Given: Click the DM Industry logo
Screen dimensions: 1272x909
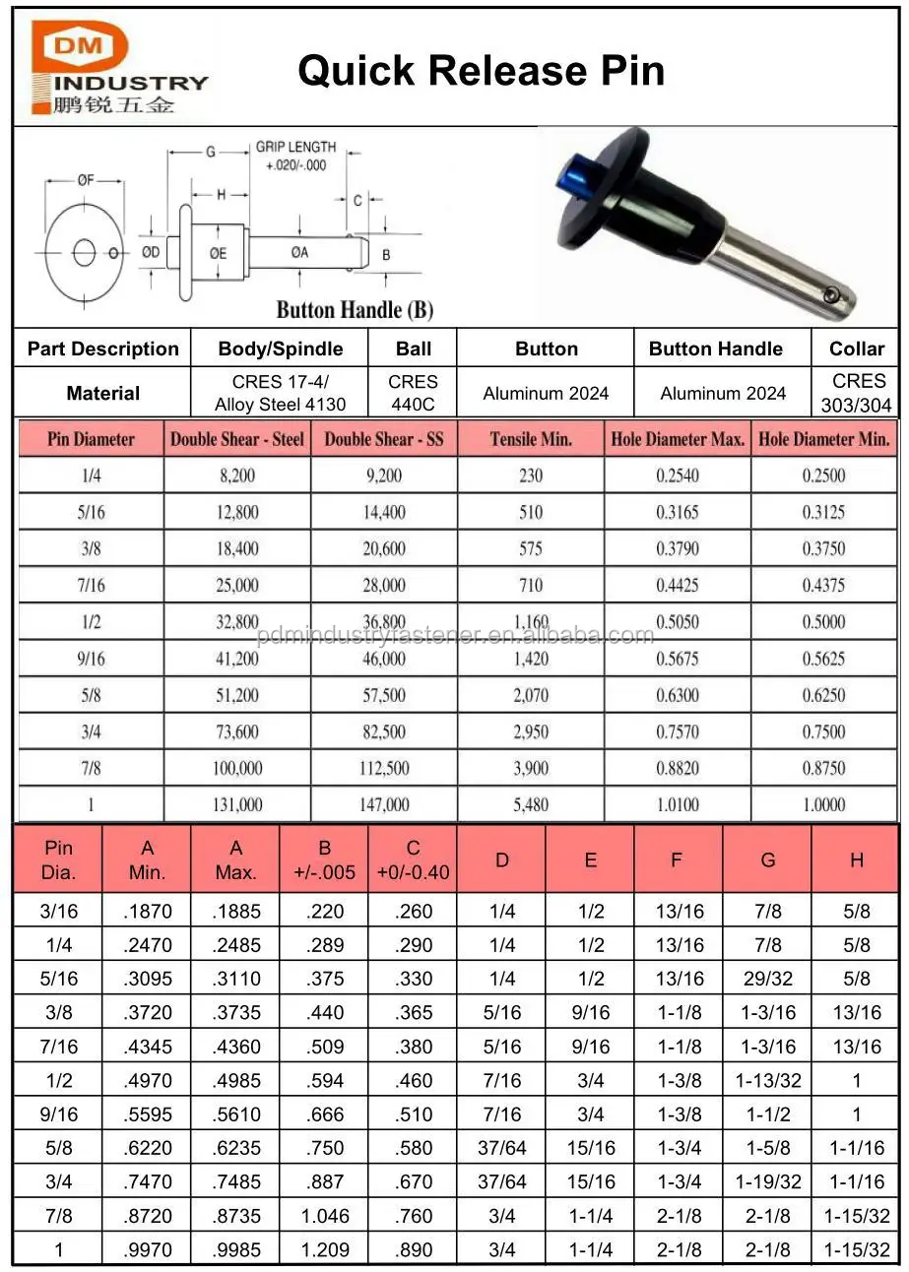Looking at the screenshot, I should point(112,69).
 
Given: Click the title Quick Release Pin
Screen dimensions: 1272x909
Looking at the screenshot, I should point(481,71).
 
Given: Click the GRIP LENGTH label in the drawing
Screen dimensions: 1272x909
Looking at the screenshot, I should point(295,147).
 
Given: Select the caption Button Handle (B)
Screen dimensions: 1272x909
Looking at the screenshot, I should point(355,310).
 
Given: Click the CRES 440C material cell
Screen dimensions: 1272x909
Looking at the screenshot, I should point(413,393).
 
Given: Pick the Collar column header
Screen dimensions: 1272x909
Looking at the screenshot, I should point(856,349).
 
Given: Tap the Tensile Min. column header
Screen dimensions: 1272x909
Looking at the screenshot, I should point(531,439).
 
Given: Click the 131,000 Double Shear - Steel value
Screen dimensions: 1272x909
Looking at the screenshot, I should point(236,804).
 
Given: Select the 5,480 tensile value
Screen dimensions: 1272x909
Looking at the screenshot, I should point(531,804).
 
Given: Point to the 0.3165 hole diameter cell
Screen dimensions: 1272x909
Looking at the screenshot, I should point(678,512).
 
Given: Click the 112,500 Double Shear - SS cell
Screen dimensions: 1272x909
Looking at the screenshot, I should point(384,768).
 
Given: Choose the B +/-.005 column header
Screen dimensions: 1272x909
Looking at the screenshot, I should point(324,859).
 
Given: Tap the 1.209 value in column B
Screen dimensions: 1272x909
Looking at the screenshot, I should point(325,1250).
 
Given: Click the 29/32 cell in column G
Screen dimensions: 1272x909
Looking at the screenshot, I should point(767,979).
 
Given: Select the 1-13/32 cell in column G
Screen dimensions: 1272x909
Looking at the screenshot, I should point(767,1081).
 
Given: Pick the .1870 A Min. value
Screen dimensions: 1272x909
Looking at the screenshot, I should point(148,912).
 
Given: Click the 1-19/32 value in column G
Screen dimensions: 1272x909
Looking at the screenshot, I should point(767,1182).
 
